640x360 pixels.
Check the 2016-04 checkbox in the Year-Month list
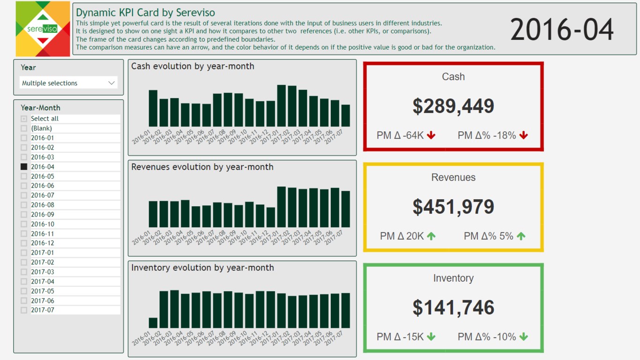coord(24,166)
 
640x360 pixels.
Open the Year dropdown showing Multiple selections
coord(68,83)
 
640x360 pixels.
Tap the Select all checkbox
coord(24,119)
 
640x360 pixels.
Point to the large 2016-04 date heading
coord(562,29)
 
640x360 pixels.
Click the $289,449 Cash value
coord(453,106)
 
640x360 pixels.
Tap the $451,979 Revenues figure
coord(453,207)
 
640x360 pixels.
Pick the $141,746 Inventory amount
coord(453,307)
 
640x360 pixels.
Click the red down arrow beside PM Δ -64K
coord(431,135)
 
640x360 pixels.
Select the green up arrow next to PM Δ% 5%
coord(521,236)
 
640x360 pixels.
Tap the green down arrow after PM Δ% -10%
coord(523,337)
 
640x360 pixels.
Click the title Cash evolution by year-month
coord(193,66)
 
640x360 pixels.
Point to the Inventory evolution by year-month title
coord(202,268)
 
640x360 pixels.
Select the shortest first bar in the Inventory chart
coord(153,323)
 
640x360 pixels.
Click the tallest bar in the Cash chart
coord(282,106)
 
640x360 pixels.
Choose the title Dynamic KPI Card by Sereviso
coord(145,13)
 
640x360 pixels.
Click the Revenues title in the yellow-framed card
coord(453,177)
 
